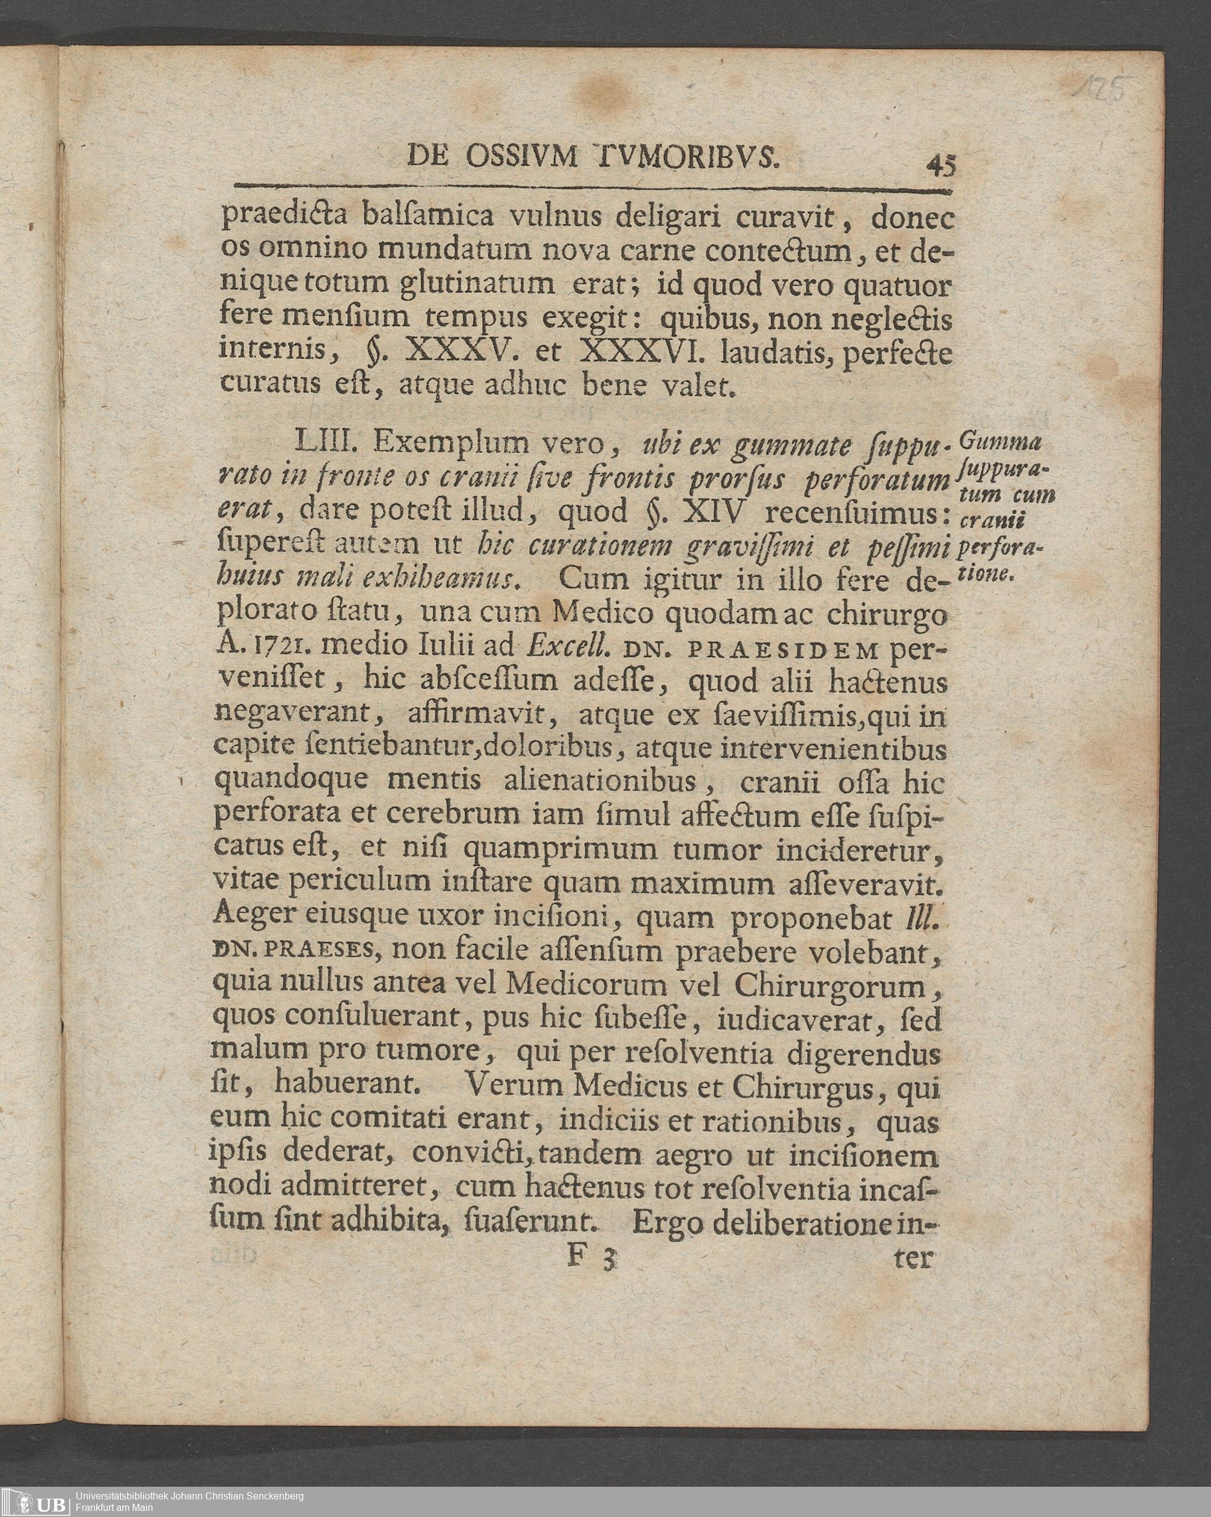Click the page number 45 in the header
pos(942,166)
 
